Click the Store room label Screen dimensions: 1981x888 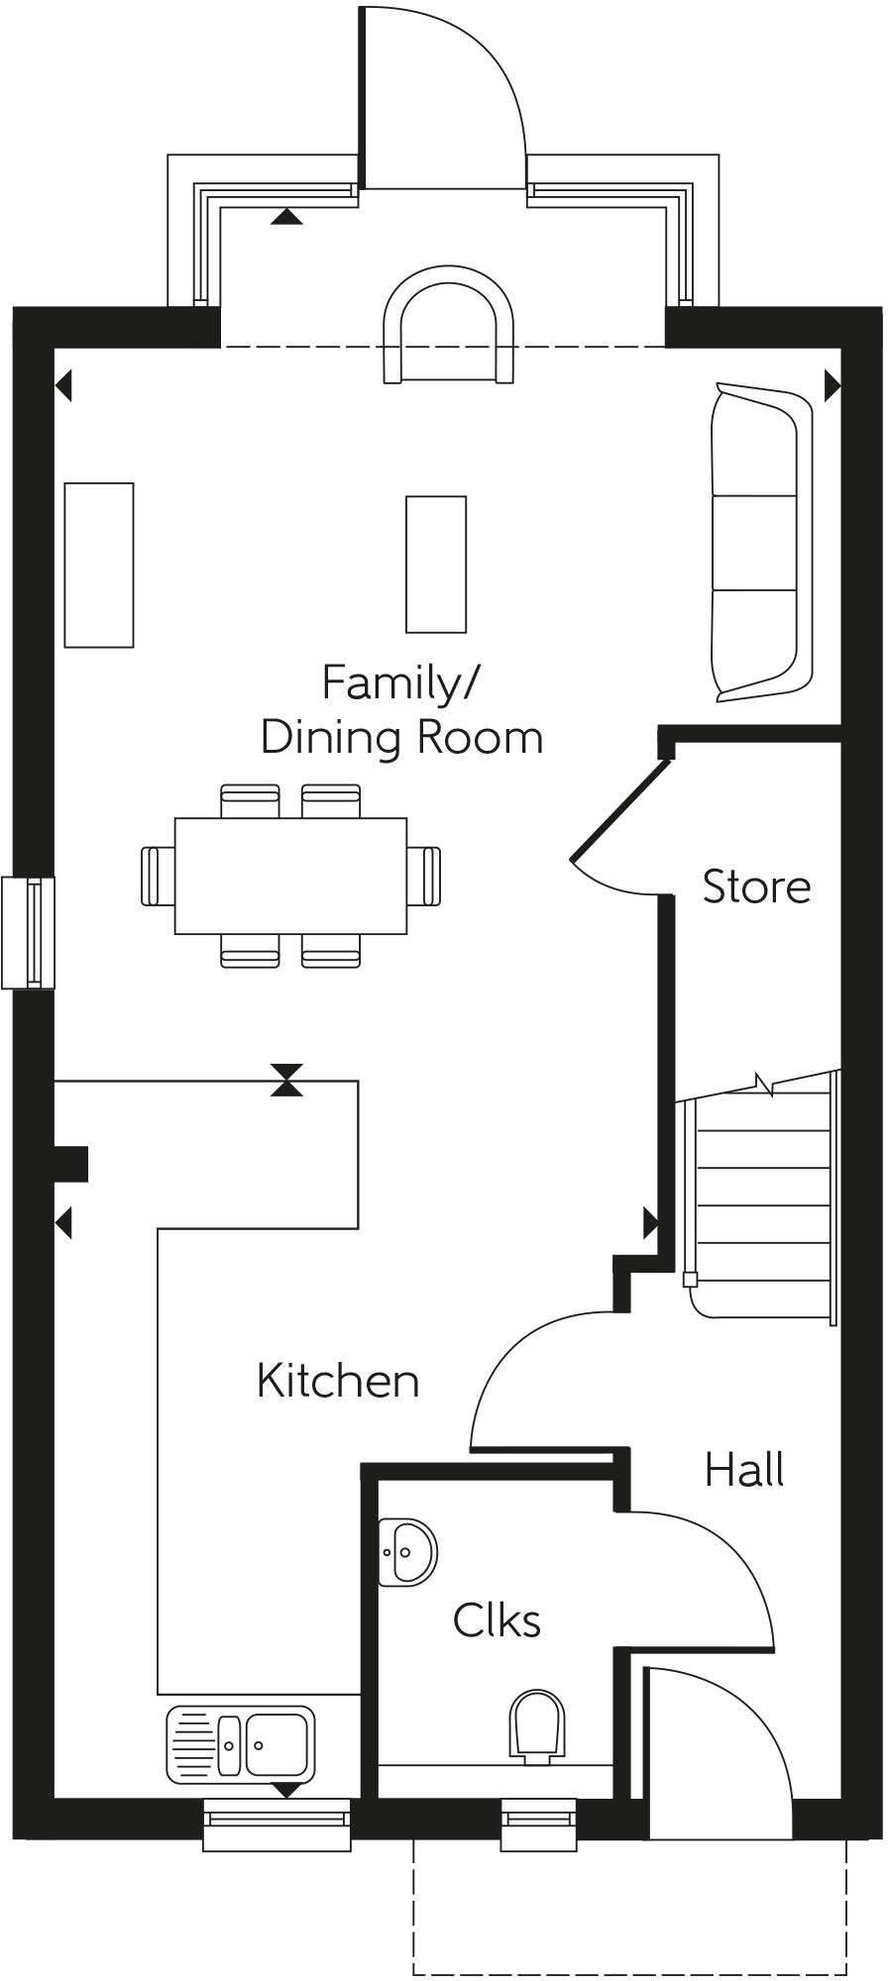pyautogui.click(x=756, y=886)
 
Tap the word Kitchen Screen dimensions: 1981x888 pyautogui.click(x=338, y=1381)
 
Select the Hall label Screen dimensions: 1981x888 pyautogui.click(x=744, y=1470)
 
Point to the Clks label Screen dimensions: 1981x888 pyautogui.click(x=497, y=1621)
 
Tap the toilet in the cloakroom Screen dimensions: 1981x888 pyautogui.click(x=537, y=1726)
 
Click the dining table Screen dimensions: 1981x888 pyautogui.click(x=290, y=876)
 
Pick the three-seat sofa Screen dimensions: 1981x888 pyautogui.click(x=760, y=544)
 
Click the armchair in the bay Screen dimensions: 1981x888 pyautogui.click(x=449, y=324)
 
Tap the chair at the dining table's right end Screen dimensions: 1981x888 pyautogui.click(x=426, y=876)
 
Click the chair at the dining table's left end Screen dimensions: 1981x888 pyautogui.click(x=157, y=876)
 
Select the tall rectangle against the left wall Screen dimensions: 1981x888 pyautogui.click(x=99, y=565)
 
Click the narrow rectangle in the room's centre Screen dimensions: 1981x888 pyautogui.click(x=436, y=564)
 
